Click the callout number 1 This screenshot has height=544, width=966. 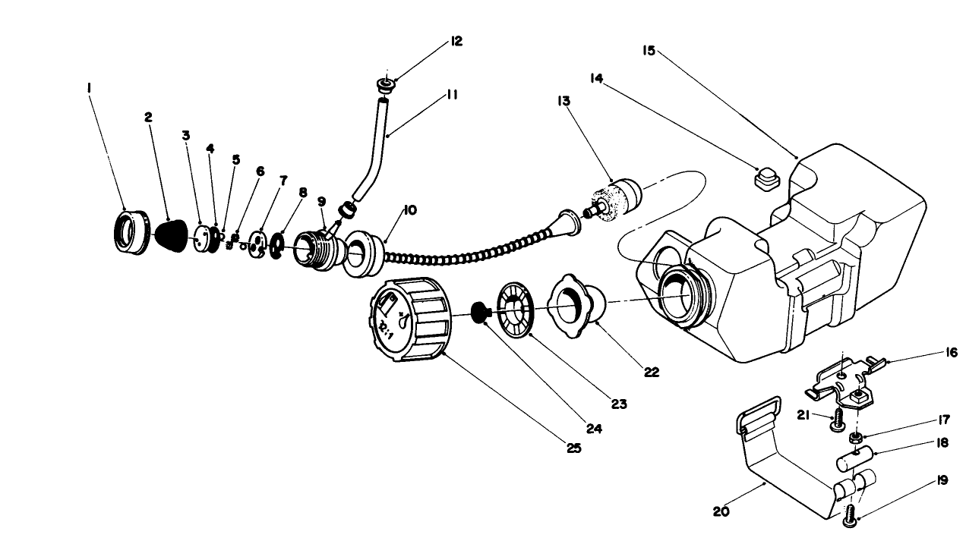(x=90, y=88)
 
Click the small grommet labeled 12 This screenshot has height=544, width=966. (x=385, y=85)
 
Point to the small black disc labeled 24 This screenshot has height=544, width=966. (x=479, y=312)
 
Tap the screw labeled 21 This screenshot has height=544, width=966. (x=836, y=418)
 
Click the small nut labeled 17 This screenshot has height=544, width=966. (x=854, y=439)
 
